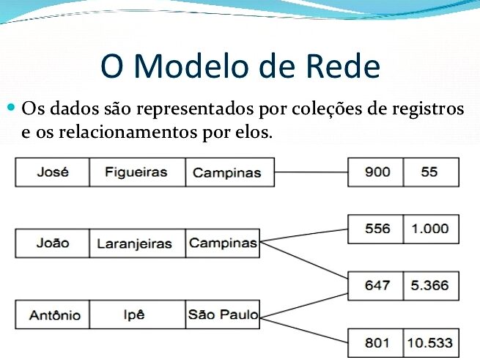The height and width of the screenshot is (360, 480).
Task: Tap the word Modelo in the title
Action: point(191,66)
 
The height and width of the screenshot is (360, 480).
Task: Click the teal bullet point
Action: point(11,107)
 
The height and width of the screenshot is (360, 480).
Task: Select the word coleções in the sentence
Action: point(326,109)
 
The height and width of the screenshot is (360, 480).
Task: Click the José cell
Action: point(52,172)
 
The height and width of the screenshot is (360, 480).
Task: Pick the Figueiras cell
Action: point(138,172)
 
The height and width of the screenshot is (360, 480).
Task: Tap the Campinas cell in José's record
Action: point(230,172)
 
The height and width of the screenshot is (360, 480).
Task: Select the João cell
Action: point(52,243)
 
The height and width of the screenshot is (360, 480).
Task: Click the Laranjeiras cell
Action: point(138,243)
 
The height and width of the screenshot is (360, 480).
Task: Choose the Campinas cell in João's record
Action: point(223,243)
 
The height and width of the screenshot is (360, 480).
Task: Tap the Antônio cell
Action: point(52,315)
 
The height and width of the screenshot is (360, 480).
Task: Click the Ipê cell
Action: point(138,315)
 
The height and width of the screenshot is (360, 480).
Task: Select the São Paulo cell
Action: point(223,315)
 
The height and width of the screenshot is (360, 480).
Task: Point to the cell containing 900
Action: point(376,172)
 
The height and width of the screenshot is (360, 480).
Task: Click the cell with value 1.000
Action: point(432,229)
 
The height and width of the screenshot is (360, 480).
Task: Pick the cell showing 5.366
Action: point(432,286)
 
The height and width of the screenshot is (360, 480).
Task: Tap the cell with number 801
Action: point(376,343)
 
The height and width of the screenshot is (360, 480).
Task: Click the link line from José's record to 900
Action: point(311,172)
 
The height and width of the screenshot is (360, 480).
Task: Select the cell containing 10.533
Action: point(432,343)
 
